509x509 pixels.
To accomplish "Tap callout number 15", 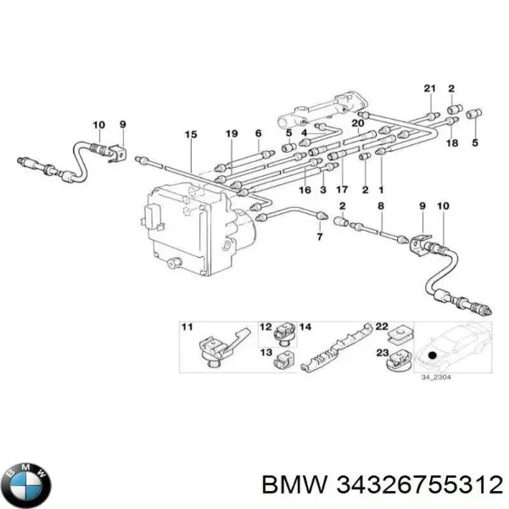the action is pyautogui.click(x=191, y=134).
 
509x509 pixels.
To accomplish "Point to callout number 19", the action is pyautogui.click(x=232, y=133).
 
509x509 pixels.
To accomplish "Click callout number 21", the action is pyautogui.click(x=430, y=88).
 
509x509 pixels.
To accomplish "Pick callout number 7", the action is pyautogui.click(x=320, y=237).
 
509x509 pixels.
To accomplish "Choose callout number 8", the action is pyautogui.click(x=381, y=206).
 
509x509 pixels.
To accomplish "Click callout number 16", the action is pyautogui.click(x=305, y=189).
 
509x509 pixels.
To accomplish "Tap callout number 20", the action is pyautogui.click(x=358, y=123).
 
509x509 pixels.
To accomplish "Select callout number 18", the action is pyautogui.click(x=452, y=143).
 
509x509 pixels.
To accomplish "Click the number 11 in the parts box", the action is pyautogui.click(x=187, y=327).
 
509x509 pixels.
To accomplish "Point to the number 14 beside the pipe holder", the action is pyautogui.click(x=305, y=327).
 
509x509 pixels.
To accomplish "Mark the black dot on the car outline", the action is pyautogui.click(x=432, y=355).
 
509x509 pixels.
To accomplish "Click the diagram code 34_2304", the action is pyautogui.click(x=436, y=378).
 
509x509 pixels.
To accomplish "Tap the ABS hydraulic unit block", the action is pyautogui.click(x=200, y=230).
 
